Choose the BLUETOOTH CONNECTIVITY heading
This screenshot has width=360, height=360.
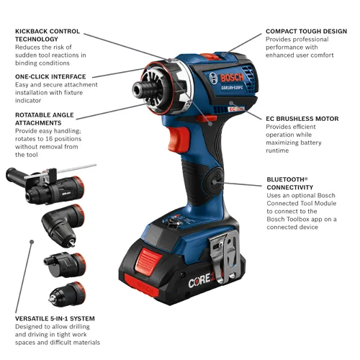coord(289,184)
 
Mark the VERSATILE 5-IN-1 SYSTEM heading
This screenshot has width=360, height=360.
coord(54,318)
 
